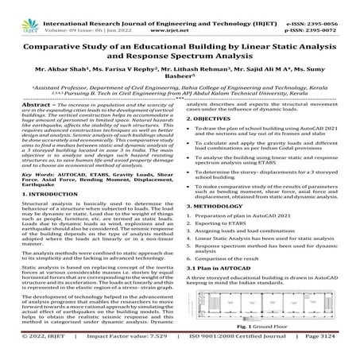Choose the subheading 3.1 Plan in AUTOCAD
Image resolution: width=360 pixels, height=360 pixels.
[x=227, y=289]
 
